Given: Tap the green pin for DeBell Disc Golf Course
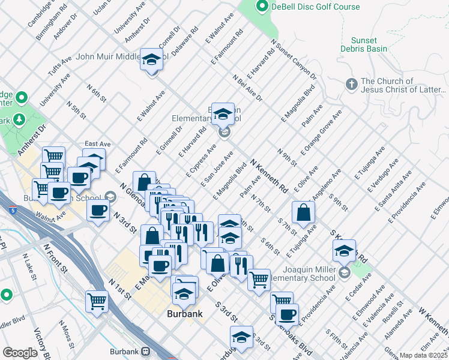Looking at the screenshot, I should coord(262,7).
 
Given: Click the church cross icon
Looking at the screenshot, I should coord(352,82).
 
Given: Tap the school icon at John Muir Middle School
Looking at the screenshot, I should coord(152,60).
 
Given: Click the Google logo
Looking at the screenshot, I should coord(20,353).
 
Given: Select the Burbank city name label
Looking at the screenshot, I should coord(184,313).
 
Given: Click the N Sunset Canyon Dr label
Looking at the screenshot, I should coord(294,59).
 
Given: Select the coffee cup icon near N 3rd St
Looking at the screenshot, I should coord(98,211).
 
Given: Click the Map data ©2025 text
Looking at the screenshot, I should coord(423,355).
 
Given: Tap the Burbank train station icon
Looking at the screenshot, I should coord(145,352).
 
